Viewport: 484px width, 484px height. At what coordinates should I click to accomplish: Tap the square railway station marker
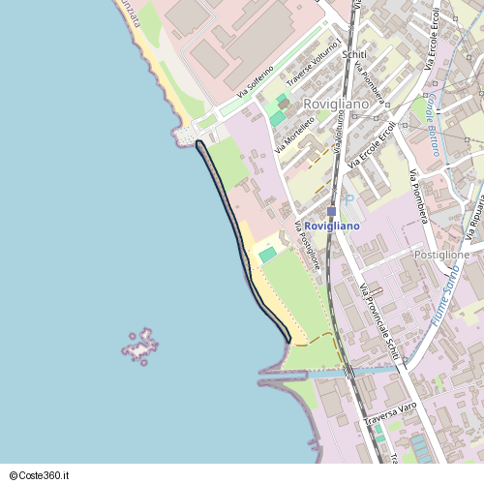[331, 210]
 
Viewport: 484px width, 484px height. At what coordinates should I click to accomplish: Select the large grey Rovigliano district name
[335, 104]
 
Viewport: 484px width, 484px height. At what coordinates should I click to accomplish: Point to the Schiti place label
[354, 54]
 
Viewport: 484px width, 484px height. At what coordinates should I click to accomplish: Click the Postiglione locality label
[441, 255]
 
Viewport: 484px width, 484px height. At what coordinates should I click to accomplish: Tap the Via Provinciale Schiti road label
[378, 318]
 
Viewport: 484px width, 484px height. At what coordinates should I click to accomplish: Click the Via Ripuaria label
[473, 223]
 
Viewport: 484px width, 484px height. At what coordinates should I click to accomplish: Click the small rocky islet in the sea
[142, 346]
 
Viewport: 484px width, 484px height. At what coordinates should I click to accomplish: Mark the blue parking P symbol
[349, 199]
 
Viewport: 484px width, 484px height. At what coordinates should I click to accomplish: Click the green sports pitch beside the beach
[267, 255]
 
